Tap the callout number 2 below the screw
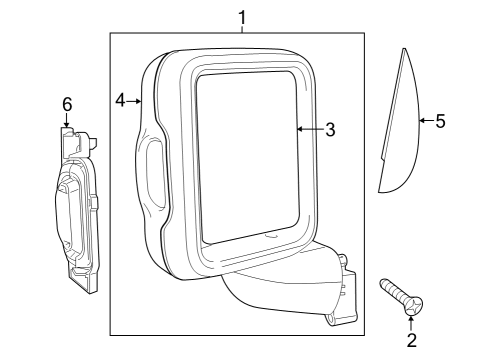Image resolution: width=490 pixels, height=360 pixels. point(411,341)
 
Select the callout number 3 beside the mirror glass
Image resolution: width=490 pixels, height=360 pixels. point(330,129)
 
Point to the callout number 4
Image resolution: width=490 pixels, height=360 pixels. point(120,100)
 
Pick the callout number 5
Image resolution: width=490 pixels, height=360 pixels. point(440,121)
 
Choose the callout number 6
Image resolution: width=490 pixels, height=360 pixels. point(67,104)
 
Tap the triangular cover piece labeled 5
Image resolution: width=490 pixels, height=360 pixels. point(399,130)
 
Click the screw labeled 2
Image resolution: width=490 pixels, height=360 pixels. point(400,299)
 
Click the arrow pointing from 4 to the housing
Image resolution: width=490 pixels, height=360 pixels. point(137,100)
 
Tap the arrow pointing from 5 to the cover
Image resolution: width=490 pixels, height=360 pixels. point(424,121)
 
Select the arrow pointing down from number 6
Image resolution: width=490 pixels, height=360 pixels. point(67,121)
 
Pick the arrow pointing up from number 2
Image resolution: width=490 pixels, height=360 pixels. point(411,323)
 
